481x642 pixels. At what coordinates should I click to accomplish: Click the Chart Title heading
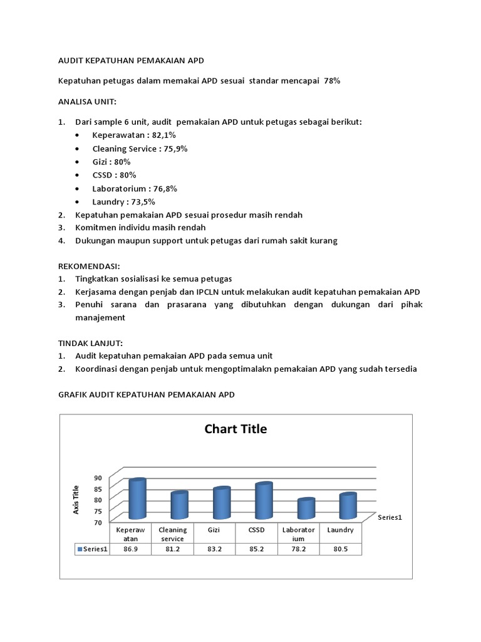(235, 429)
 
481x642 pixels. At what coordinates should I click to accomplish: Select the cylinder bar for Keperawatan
(137, 498)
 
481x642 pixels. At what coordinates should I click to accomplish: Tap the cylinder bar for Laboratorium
(306, 508)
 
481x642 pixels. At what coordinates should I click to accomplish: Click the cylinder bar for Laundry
(348, 505)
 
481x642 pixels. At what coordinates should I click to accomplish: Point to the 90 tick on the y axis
(98, 478)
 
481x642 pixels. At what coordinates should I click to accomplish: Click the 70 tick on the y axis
(98, 522)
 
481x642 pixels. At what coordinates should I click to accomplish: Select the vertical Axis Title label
(76, 500)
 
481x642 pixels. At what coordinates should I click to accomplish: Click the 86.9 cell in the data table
(130, 549)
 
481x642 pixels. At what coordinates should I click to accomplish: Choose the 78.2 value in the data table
(298, 549)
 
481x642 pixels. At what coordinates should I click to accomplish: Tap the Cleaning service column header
(172, 534)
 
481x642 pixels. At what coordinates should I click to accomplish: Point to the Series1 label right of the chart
(390, 517)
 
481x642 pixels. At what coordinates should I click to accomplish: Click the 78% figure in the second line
(332, 81)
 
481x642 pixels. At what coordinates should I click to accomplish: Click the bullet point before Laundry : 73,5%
(77, 202)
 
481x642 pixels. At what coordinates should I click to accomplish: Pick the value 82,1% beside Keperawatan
(163, 135)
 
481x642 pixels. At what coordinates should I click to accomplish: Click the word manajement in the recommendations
(100, 317)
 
